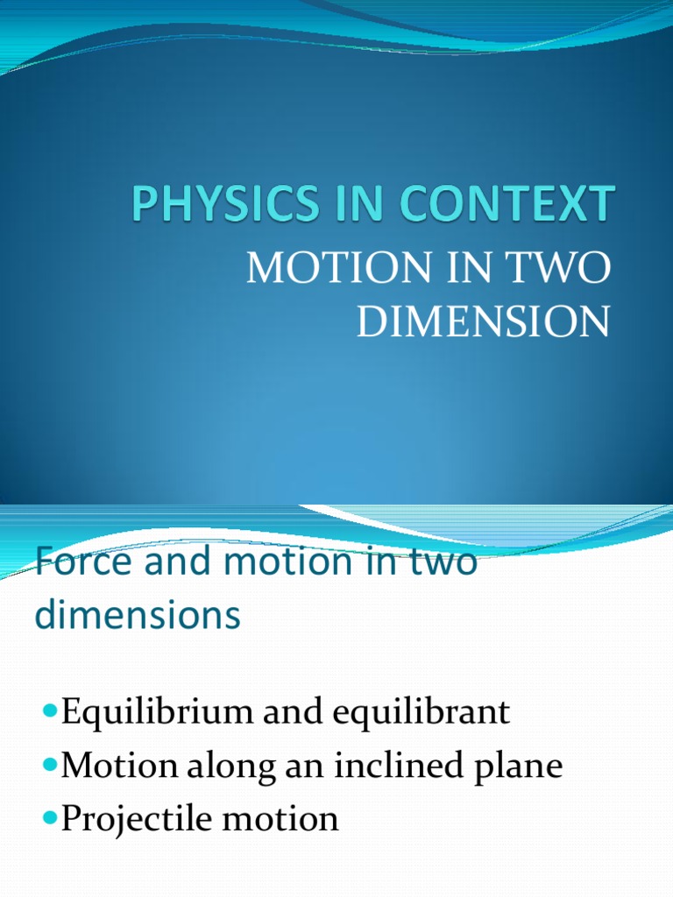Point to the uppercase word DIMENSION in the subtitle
tap(483, 322)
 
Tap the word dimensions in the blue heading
tap(138, 615)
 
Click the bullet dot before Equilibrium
tap(49, 708)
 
